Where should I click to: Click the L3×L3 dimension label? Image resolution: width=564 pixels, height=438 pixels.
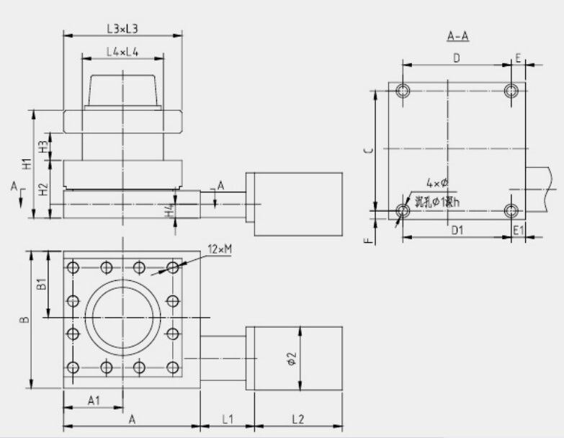[122, 29]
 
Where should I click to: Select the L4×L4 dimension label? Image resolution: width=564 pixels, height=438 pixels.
[122, 52]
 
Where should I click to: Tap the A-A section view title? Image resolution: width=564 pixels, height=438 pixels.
[458, 36]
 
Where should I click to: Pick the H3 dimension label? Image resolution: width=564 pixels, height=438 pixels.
[44, 146]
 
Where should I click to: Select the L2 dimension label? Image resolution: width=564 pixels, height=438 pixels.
[301, 418]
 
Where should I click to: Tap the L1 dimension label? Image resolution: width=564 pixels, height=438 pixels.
[226, 418]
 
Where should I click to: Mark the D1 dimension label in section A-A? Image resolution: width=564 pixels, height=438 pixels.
[455, 230]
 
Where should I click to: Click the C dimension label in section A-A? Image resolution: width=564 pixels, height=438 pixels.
[367, 151]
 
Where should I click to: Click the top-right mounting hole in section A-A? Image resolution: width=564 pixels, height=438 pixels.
[511, 91]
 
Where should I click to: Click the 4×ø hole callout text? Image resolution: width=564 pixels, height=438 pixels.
[437, 183]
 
